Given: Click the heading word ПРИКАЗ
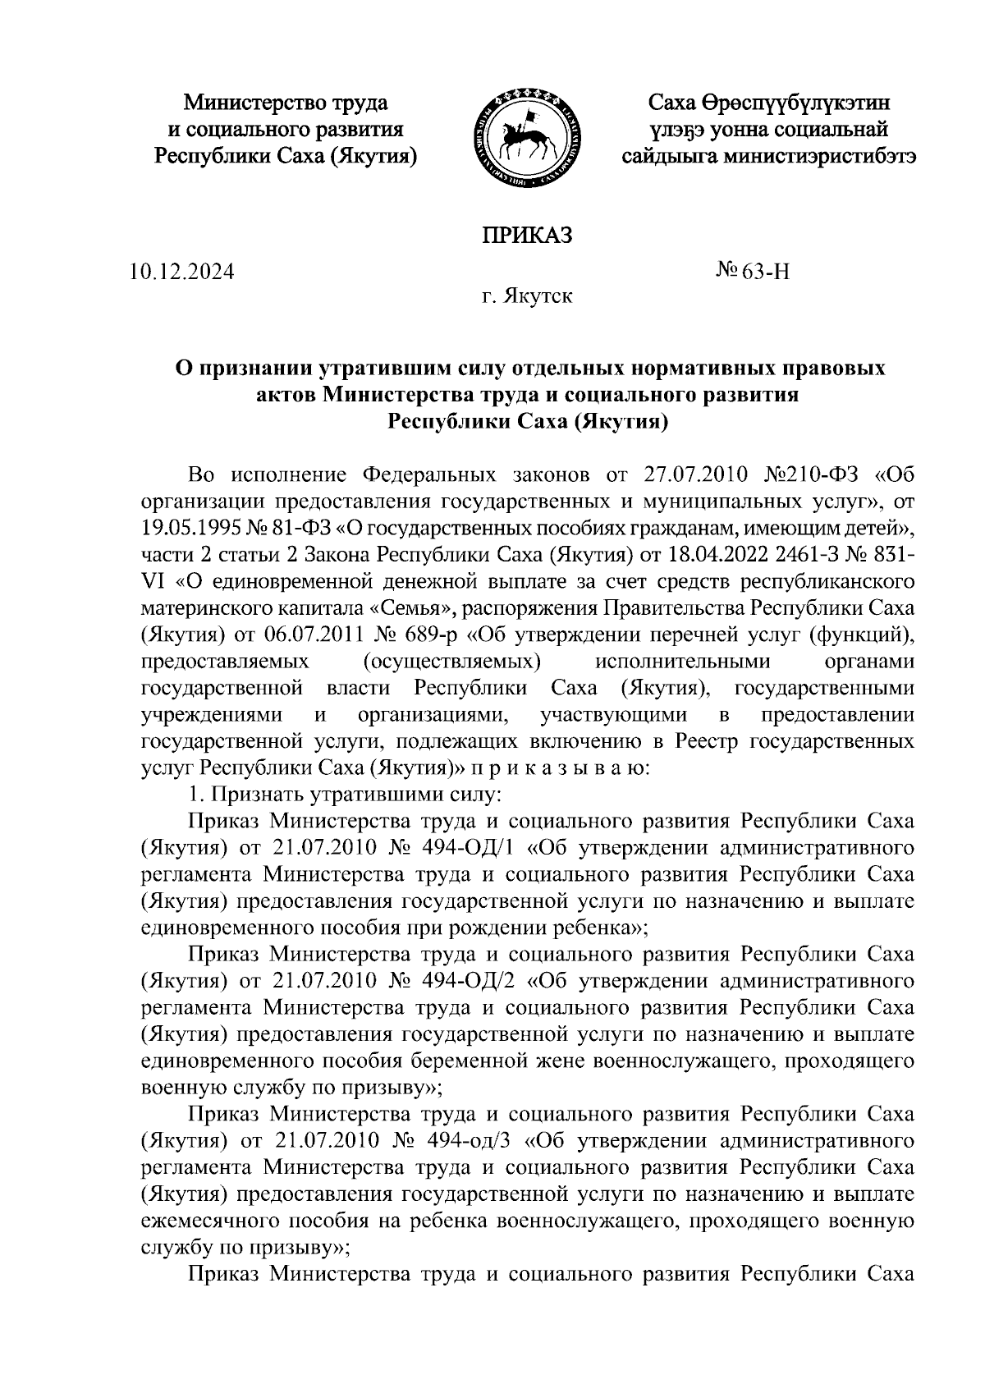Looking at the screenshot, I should (525, 236).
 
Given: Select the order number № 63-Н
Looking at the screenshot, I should (752, 272).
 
